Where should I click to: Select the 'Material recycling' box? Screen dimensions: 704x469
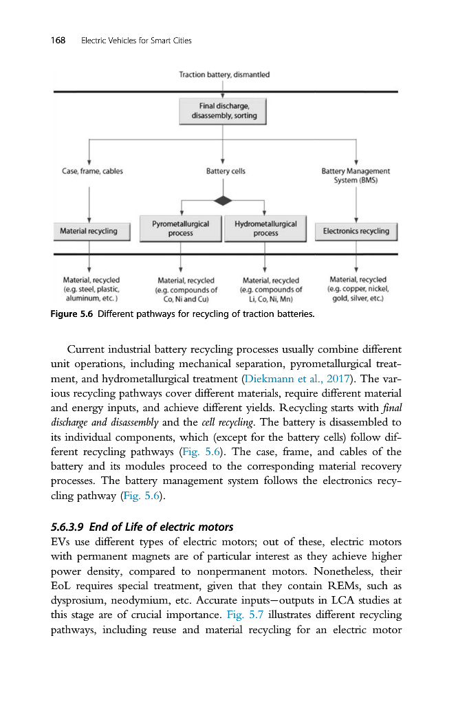pyautogui.click(x=89, y=231)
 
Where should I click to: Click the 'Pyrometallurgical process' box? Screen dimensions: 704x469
pyautogui.click(x=180, y=229)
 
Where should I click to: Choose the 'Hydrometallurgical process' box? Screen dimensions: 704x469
pyautogui.click(x=265, y=229)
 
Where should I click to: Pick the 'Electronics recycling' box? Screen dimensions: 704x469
pyautogui.click(x=356, y=231)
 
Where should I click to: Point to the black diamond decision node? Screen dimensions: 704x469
pyautogui.click(x=223, y=200)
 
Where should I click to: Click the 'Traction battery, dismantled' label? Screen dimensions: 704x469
pyautogui.click(x=224, y=74)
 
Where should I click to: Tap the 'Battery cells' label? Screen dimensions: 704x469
pyautogui.click(x=226, y=171)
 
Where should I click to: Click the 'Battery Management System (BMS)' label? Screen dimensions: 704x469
pyautogui.click(x=356, y=175)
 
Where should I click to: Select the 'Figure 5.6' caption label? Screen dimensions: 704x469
pyautogui.click(x=72, y=315)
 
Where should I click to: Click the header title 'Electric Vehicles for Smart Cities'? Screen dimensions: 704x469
pyautogui.click(x=136, y=41)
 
